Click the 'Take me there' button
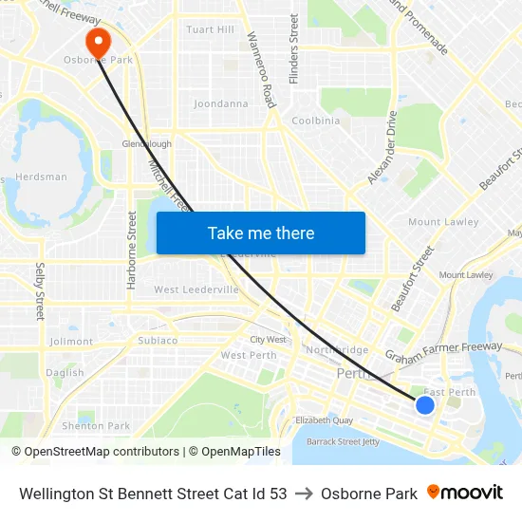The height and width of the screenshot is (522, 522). [x=260, y=233]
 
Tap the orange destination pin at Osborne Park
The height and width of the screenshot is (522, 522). [x=98, y=42]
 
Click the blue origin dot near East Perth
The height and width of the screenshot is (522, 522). [x=425, y=405]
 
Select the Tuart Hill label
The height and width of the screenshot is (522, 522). [x=210, y=30]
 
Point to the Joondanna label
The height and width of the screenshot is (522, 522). [x=220, y=103]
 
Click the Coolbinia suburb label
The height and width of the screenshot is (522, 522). [x=316, y=121]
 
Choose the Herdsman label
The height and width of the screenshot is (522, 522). [x=42, y=177]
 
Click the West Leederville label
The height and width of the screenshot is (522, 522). [x=196, y=289]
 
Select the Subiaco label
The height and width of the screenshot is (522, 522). [x=158, y=340]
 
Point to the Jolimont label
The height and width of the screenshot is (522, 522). [x=71, y=342]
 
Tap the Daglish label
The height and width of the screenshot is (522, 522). [x=65, y=373]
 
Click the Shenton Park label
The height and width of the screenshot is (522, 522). [x=96, y=426]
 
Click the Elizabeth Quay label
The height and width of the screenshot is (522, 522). [x=325, y=419]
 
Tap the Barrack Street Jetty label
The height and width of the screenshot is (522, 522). [x=345, y=441]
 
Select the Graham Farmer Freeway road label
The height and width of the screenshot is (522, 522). [x=443, y=352]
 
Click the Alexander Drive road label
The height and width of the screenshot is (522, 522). [x=382, y=147]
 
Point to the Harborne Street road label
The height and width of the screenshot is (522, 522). [x=132, y=250]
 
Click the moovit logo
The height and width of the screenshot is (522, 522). [x=465, y=493]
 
